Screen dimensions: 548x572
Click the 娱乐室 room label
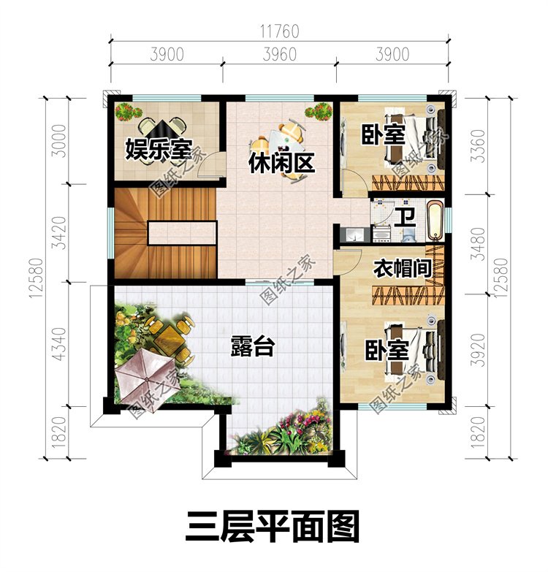pos(159,150)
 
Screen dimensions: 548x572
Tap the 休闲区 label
pos(281,163)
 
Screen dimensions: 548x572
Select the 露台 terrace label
pos(253,346)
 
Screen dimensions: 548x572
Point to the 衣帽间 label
pos(403,269)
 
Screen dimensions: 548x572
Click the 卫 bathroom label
pos(406,218)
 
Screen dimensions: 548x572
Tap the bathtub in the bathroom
pos(434,221)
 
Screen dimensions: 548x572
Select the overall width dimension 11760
pos(280,31)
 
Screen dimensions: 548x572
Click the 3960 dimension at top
pos(280,54)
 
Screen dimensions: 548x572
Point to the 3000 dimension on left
pos(59,141)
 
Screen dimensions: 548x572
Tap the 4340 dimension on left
pos(59,345)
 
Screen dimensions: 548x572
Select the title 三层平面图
pos(273,527)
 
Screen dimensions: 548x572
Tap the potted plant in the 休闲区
pos(319,111)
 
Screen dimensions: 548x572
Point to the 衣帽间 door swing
pos(349,262)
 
